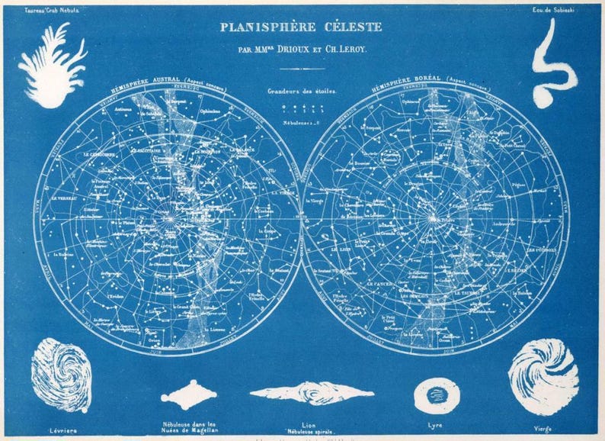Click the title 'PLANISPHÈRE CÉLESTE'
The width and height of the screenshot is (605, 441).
pos(301,27)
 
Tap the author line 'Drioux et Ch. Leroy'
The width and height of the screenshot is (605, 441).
pos(301,50)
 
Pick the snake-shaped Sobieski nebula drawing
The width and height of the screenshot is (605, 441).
pos(553,64)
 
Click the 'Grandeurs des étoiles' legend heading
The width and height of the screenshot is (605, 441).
pos(301,92)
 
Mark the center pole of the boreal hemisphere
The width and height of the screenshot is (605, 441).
pos(434,219)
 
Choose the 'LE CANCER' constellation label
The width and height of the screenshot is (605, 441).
pos(379,283)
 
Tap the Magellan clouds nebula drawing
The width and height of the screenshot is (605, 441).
pos(189,394)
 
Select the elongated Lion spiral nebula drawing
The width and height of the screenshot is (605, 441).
pos(312,394)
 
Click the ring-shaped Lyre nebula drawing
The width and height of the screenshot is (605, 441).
pos(437,395)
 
